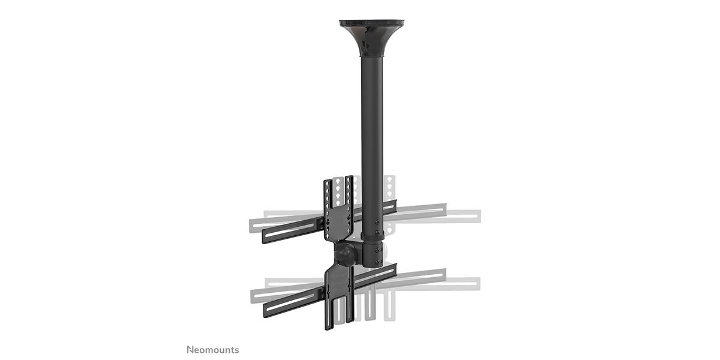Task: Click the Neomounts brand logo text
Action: (213, 350)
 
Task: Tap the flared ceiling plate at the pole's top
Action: (372, 38)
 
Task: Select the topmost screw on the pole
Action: (377, 222)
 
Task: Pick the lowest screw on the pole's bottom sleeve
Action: (377, 262)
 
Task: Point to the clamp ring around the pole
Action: (373, 236)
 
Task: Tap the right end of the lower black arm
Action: (395, 269)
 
